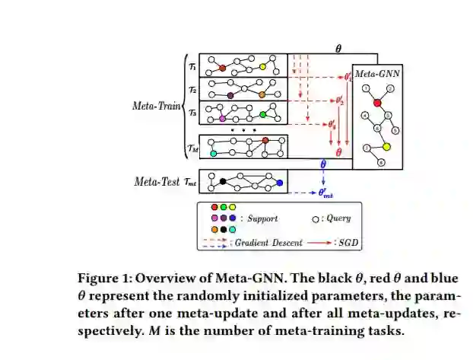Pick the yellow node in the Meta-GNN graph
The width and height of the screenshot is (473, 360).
(386, 146)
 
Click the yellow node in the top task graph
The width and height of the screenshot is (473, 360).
(263, 67)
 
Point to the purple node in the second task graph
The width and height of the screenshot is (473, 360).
(230, 95)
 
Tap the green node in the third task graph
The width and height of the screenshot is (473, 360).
(262, 114)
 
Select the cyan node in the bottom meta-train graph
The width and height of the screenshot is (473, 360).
(214, 153)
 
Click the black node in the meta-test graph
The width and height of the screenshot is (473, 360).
(223, 181)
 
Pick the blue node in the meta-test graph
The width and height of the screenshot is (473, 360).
(280, 183)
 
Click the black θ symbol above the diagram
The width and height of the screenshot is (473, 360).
(338, 47)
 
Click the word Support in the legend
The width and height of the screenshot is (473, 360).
(262, 218)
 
